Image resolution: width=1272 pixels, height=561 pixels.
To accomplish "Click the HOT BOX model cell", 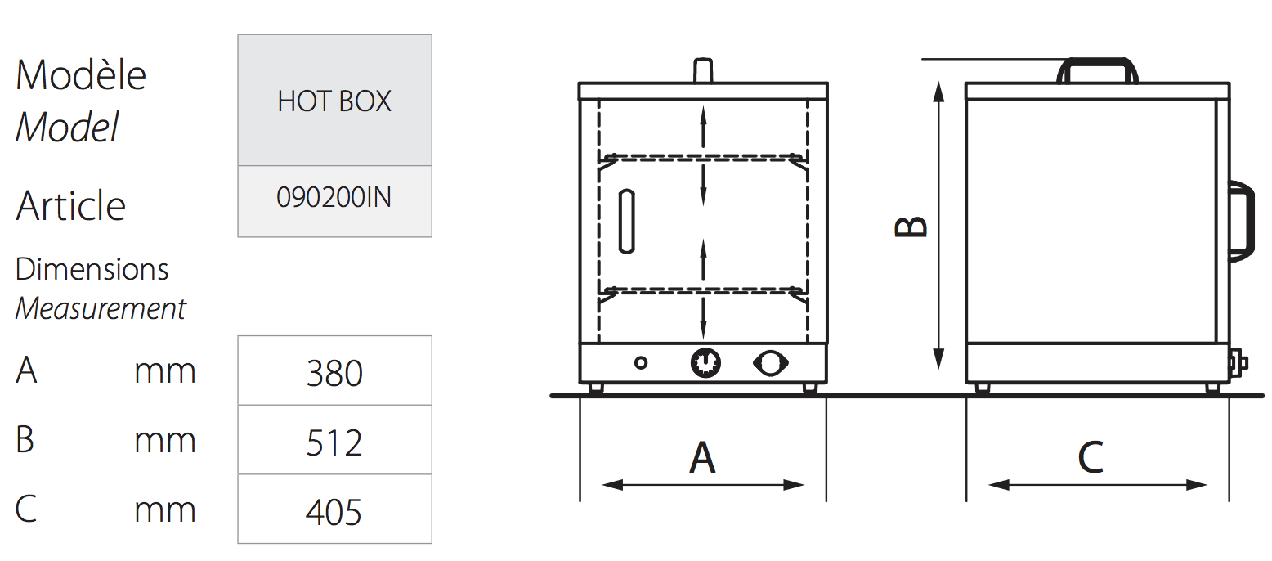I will click(x=334, y=101).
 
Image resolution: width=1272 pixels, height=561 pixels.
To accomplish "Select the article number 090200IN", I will click(x=334, y=199).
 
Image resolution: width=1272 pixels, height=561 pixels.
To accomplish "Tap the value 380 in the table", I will click(x=334, y=373).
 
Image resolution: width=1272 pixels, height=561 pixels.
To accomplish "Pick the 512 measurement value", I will click(x=334, y=442).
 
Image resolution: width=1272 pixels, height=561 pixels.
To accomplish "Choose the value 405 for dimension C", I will click(x=334, y=512).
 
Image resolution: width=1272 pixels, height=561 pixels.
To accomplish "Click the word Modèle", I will click(x=81, y=75).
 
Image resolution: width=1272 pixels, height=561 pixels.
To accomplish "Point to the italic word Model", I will click(x=67, y=128).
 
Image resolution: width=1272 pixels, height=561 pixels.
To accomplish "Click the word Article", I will click(x=71, y=205).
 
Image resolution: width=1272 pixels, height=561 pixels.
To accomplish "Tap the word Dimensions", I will click(x=92, y=269).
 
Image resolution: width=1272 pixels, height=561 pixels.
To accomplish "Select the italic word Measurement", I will click(x=101, y=309).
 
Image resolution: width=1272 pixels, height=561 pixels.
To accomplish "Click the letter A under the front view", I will click(x=702, y=457).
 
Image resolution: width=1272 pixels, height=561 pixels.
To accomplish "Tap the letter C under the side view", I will click(x=1091, y=457).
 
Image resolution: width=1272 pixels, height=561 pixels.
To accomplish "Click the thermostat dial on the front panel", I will click(x=705, y=361).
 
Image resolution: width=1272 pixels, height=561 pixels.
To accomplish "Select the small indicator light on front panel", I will click(x=641, y=361).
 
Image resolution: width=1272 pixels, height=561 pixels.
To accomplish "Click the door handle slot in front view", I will click(x=626, y=221).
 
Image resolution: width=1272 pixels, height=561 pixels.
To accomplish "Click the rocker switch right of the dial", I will click(x=771, y=361).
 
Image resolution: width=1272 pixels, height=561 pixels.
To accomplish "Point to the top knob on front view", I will click(x=702, y=70).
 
